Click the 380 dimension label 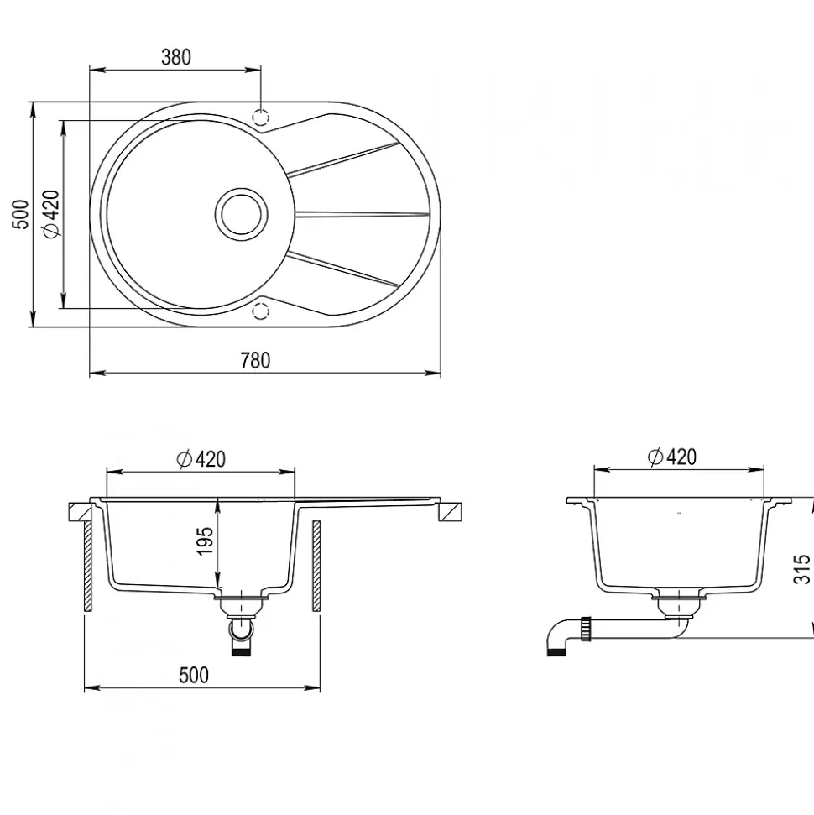176,57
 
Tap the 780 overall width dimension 255,361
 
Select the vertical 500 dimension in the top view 22,214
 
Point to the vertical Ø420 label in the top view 50,214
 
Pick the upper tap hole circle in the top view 261,116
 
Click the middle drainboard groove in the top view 361,213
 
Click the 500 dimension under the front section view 193,675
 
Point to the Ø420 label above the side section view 671,457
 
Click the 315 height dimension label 801,568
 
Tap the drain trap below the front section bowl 242,625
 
